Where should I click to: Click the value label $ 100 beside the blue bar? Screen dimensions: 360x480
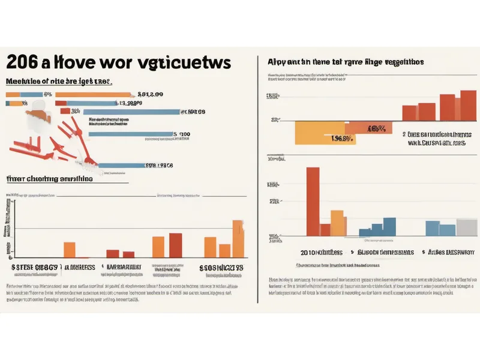(181, 134)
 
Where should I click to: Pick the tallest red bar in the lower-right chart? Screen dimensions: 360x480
(313, 201)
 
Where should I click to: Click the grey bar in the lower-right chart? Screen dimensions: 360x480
(466, 227)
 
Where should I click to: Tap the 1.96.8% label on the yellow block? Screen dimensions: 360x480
(341, 137)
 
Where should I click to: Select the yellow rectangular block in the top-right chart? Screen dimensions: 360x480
(320, 132)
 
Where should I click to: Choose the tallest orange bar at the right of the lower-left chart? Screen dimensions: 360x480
(238, 239)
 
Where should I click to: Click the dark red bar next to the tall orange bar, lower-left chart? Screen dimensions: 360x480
(175, 245)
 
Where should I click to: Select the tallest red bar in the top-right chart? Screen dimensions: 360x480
(467, 106)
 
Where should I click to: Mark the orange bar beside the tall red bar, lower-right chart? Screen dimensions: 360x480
(337, 223)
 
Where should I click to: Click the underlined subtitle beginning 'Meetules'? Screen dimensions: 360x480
(59, 81)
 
